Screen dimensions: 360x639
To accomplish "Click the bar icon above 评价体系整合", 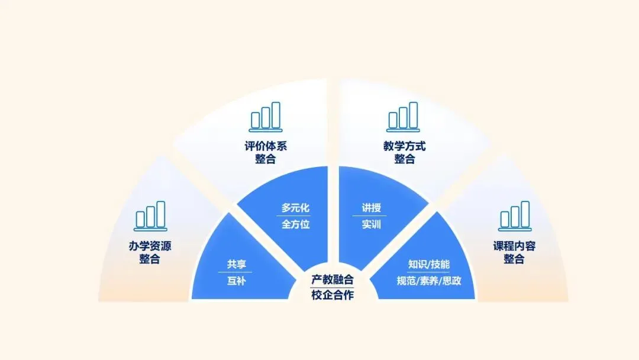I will [266, 117].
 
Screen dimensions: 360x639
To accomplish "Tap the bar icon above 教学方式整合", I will [403, 117].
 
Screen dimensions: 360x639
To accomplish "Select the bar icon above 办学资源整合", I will [150, 216].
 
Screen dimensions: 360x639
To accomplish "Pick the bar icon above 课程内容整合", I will [514, 216].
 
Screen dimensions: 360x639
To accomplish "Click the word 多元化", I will [295, 208].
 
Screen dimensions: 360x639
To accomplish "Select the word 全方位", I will [295, 224].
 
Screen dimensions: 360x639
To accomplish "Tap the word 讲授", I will [372, 208].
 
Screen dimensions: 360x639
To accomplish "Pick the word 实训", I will [372, 224].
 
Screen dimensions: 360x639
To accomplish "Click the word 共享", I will [236, 265].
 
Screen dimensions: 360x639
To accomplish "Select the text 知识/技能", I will [429, 265].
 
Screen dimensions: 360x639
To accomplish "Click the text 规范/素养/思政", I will [429, 281].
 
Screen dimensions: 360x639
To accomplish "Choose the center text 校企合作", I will [333, 295].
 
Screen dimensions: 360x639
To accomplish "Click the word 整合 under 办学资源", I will [150, 259].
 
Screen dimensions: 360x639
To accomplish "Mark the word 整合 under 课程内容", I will [514, 259].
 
